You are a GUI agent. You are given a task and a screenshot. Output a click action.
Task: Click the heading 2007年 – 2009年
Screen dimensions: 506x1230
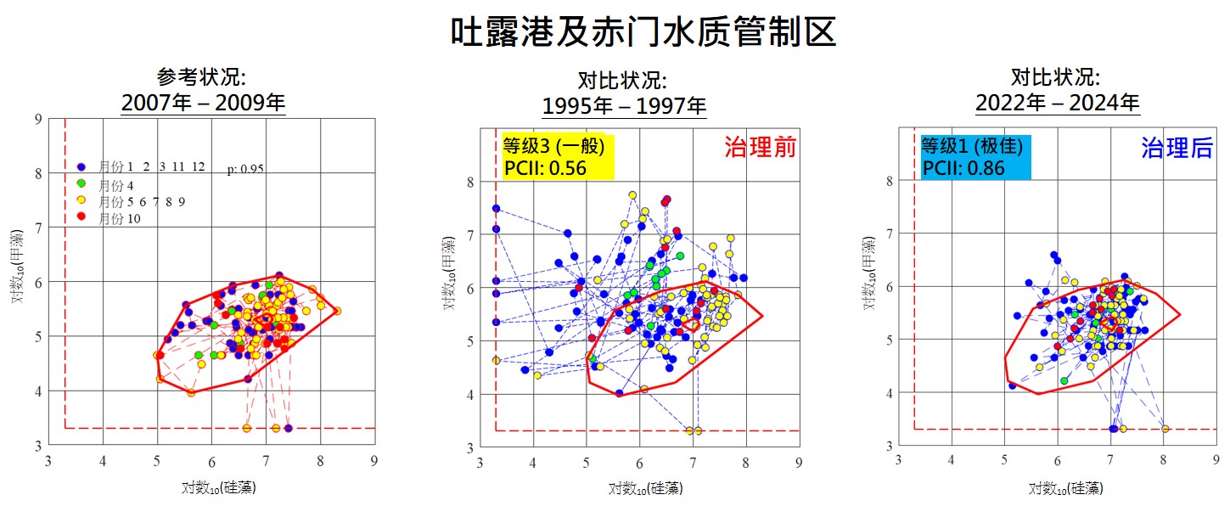(203, 103)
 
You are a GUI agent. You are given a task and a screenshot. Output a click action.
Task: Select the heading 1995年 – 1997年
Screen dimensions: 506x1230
(624, 106)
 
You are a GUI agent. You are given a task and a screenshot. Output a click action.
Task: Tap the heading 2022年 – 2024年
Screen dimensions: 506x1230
(1057, 103)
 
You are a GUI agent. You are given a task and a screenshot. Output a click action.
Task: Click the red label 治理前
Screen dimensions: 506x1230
(760, 147)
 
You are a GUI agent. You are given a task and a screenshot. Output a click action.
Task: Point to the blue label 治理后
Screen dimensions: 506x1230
(1177, 149)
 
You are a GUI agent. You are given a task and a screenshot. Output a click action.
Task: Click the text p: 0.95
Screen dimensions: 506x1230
(245, 169)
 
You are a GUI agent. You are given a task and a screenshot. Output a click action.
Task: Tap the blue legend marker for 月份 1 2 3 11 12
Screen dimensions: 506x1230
(81, 166)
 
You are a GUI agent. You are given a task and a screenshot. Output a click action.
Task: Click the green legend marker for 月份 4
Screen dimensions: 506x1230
(81, 184)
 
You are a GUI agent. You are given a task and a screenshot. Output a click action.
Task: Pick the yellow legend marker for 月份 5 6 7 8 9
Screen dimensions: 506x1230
(81, 201)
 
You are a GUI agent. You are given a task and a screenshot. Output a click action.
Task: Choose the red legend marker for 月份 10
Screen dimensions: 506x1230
(81, 218)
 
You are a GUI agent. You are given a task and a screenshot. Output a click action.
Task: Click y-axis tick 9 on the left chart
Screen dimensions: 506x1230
(37, 120)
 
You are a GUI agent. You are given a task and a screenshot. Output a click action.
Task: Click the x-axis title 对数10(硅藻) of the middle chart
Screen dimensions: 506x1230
(645, 489)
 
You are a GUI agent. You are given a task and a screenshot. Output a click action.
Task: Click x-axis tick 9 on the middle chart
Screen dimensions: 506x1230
(799, 463)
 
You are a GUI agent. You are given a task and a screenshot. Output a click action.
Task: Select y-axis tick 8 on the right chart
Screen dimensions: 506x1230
(889, 181)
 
